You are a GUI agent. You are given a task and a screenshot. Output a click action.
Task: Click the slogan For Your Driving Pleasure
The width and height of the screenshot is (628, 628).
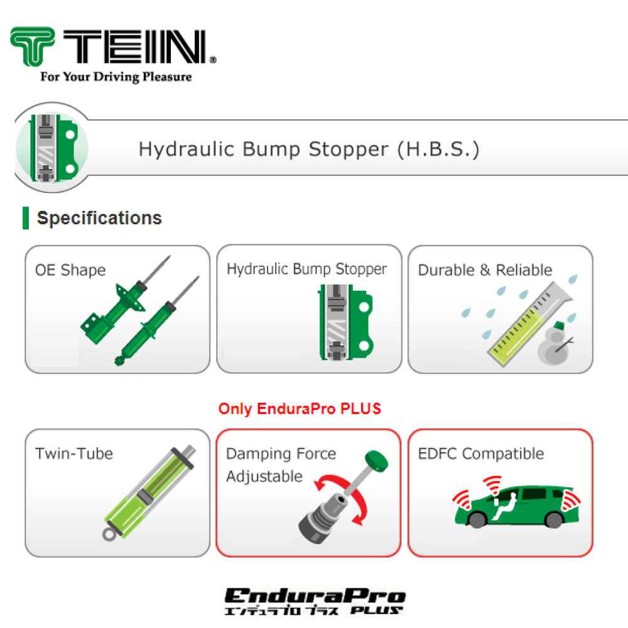point(116,77)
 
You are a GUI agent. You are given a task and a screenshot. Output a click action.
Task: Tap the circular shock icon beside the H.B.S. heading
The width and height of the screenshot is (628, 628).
point(52,148)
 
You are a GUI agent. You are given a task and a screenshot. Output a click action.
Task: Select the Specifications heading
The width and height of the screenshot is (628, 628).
point(99,218)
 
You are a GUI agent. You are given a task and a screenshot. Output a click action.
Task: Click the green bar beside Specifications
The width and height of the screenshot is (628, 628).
point(26,218)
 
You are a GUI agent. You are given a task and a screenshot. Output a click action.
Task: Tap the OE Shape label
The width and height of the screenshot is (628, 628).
point(70,270)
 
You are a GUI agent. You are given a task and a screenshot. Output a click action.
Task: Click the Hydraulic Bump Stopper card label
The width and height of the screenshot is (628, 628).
point(307,269)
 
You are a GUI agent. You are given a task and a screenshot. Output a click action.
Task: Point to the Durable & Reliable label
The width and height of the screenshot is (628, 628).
point(485,270)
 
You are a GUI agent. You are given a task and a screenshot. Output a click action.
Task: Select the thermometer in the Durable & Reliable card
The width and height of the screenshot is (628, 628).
point(529,324)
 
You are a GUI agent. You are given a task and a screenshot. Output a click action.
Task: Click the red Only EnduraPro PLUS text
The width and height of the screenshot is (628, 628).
point(300,409)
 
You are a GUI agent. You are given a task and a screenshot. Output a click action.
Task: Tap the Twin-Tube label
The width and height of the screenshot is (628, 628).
point(74,454)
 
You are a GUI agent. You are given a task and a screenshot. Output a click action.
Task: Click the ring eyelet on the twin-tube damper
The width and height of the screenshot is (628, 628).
point(109,534)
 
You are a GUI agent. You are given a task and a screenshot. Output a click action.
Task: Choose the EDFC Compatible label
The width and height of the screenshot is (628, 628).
point(481,454)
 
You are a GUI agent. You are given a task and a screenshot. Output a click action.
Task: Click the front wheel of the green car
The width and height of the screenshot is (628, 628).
point(477,519)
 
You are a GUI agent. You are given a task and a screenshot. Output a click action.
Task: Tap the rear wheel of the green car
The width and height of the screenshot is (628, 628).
point(554,519)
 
